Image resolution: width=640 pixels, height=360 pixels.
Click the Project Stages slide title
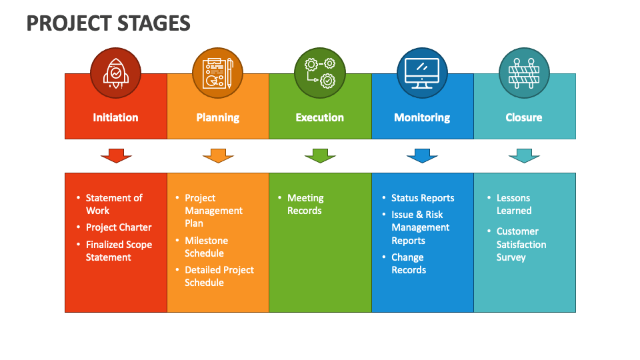(108, 23)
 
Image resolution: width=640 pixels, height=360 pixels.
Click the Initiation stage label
(115, 117)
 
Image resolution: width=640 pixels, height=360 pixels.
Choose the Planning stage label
(218, 117)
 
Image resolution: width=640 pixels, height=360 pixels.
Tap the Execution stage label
(320, 117)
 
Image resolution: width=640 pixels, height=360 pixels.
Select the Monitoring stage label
(422, 117)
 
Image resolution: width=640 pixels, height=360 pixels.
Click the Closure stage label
(524, 117)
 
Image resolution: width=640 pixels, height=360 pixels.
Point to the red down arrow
(116, 156)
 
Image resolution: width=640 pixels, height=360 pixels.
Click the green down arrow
(320, 156)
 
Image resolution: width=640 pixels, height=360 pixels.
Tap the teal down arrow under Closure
(524, 156)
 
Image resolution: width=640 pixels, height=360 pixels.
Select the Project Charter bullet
(119, 227)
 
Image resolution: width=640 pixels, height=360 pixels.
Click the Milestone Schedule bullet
(206, 247)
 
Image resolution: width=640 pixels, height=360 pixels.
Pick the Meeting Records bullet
(305, 204)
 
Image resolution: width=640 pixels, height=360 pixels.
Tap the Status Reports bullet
(423, 198)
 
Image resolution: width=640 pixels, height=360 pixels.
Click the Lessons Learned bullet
(514, 204)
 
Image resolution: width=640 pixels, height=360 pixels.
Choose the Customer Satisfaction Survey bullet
(521, 244)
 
